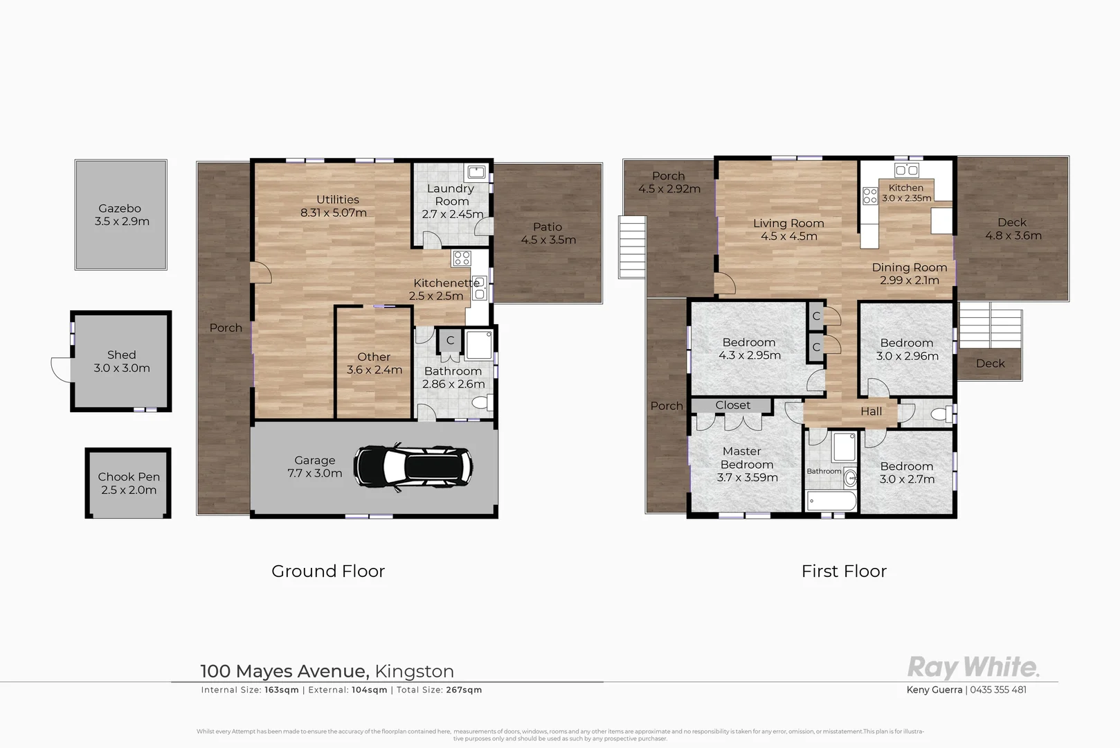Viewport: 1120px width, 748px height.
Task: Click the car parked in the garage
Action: (x=413, y=467)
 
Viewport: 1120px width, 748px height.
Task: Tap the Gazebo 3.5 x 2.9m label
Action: (x=120, y=215)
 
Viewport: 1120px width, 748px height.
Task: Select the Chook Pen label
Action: (x=129, y=483)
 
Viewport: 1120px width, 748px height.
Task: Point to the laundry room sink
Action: (x=476, y=172)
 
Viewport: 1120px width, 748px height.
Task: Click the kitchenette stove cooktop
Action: (x=461, y=259)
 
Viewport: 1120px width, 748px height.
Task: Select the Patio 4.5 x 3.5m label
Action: (x=548, y=233)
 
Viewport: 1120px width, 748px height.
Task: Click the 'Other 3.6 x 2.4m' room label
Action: (x=374, y=364)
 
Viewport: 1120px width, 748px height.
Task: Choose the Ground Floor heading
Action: (x=327, y=571)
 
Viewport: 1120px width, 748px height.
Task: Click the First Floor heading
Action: (x=843, y=571)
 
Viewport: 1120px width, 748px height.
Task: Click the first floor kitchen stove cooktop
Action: (x=869, y=196)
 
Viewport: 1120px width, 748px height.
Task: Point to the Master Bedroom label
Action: (x=746, y=464)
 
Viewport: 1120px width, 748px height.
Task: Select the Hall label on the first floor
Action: (x=871, y=411)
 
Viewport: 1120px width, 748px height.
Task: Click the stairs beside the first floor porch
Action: (x=633, y=247)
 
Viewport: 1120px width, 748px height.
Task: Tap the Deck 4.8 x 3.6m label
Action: (x=1013, y=229)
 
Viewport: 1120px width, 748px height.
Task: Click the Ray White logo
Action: (x=973, y=668)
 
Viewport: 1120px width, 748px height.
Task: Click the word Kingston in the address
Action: (x=414, y=671)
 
